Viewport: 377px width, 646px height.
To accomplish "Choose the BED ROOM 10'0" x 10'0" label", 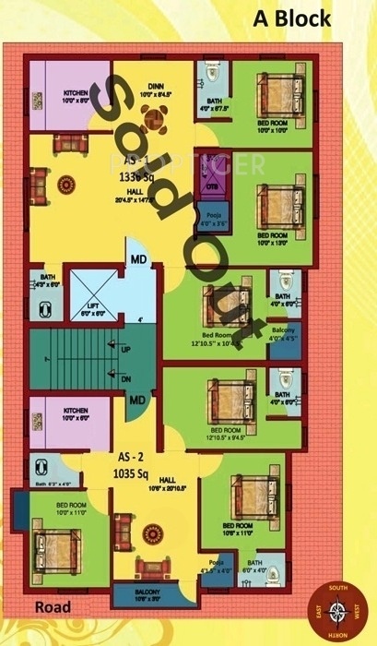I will (273, 126).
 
